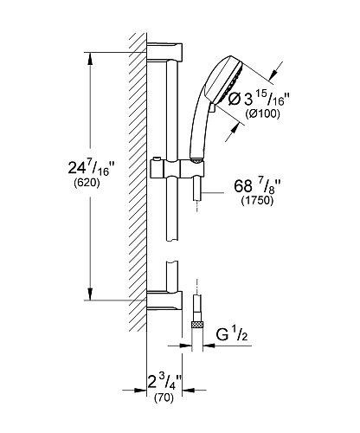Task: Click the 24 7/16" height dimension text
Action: (x=89, y=168)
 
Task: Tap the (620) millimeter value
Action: (x=87, y=183)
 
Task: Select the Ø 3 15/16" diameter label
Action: (x=259, y=99)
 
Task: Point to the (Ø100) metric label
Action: (x=262, y=114)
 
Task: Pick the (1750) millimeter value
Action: (x=257, y=200)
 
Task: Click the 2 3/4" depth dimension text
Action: (x=164, y=382)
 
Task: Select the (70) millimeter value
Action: (x=164, y=398)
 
